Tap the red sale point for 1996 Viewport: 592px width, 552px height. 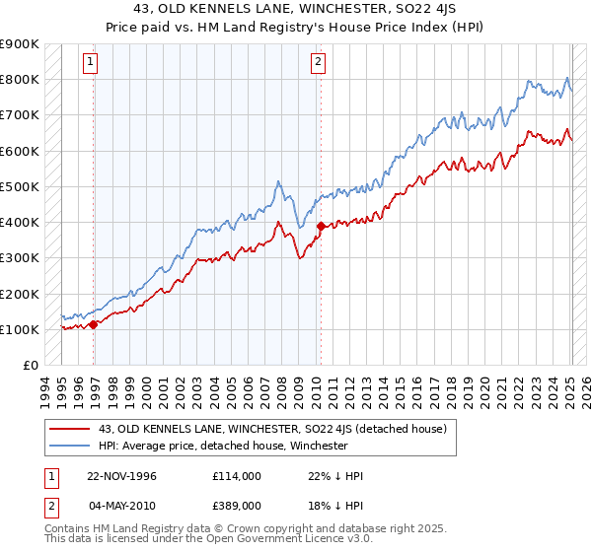pos(94,323)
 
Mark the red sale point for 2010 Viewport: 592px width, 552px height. pos(321,226)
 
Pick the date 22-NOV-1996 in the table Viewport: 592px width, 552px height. pos(122,476)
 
